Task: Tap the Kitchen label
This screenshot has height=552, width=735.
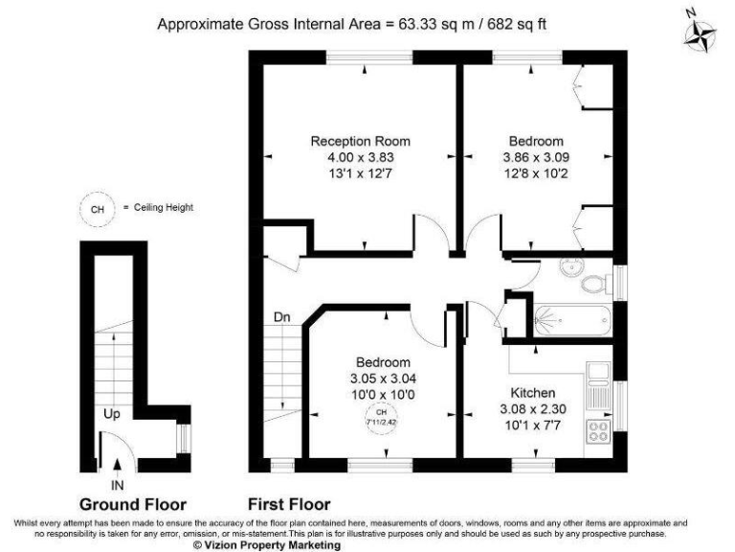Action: click(533, 393)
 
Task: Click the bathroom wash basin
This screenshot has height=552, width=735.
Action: click(571, 267)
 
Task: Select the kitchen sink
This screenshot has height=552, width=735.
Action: click(599, 382)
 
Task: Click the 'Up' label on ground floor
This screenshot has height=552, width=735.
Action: click(113, 416)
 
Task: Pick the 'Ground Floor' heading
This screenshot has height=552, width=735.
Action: click(132, 504)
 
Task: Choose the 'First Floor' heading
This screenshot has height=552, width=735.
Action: click(289, 504)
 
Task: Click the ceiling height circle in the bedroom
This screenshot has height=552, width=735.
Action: click(383, 415)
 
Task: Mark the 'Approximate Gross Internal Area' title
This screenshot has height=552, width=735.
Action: click(352, 23)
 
